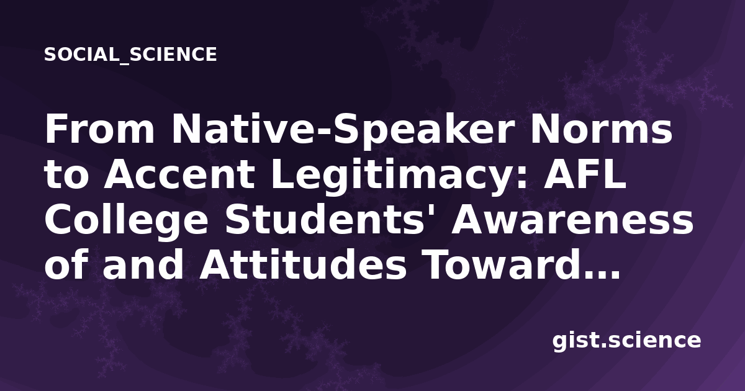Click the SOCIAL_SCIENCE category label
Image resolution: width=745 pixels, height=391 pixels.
click(x=130, y=55)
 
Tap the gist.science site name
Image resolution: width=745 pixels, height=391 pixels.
click(x=626, y=341)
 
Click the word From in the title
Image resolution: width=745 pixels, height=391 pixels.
click(x=100, y=129)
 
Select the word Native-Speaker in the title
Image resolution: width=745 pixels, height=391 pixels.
click(x=343, y=132)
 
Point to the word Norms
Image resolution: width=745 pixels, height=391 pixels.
click(x=602, y=129)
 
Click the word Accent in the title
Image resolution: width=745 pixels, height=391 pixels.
click(x=179, y=175)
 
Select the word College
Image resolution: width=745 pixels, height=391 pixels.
click(x=127, y=222)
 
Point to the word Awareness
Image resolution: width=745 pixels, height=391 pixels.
click(x=572, y=220)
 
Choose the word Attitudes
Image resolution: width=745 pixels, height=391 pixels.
click(x=303, y=266)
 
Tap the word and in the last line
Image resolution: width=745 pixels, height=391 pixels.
click(x=143, y=266)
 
